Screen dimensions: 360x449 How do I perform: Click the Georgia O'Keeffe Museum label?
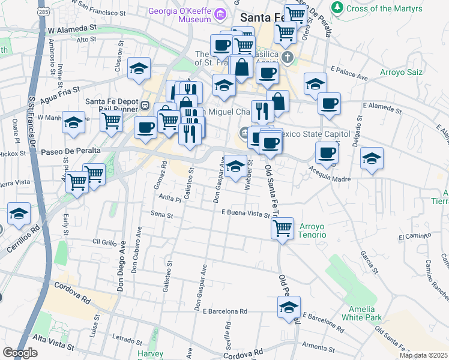pyautogui.click(x=184, y=13)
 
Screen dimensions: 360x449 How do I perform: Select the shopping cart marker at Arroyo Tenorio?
pyautogui.click(x=282, y=228)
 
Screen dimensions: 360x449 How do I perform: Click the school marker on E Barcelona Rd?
pyautogui.click(x=289, y=307)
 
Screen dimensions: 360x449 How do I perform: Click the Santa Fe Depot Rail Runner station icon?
pyautogui.click(x=145, y=106)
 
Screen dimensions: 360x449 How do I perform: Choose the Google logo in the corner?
pyautogui.click(x=20, y=353)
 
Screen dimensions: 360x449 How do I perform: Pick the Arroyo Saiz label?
pyautogui.click(x=401, y=73)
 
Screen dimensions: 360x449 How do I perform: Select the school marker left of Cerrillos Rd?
pyautogui.click(x=19, y=214)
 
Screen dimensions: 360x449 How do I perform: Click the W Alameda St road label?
pyautogui.click(x=72, y=28)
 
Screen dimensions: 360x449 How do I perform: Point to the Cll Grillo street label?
pyautogui.click(x=104, y=242)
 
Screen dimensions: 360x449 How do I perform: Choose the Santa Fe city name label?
pyautogui.click(x=262, y=18)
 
